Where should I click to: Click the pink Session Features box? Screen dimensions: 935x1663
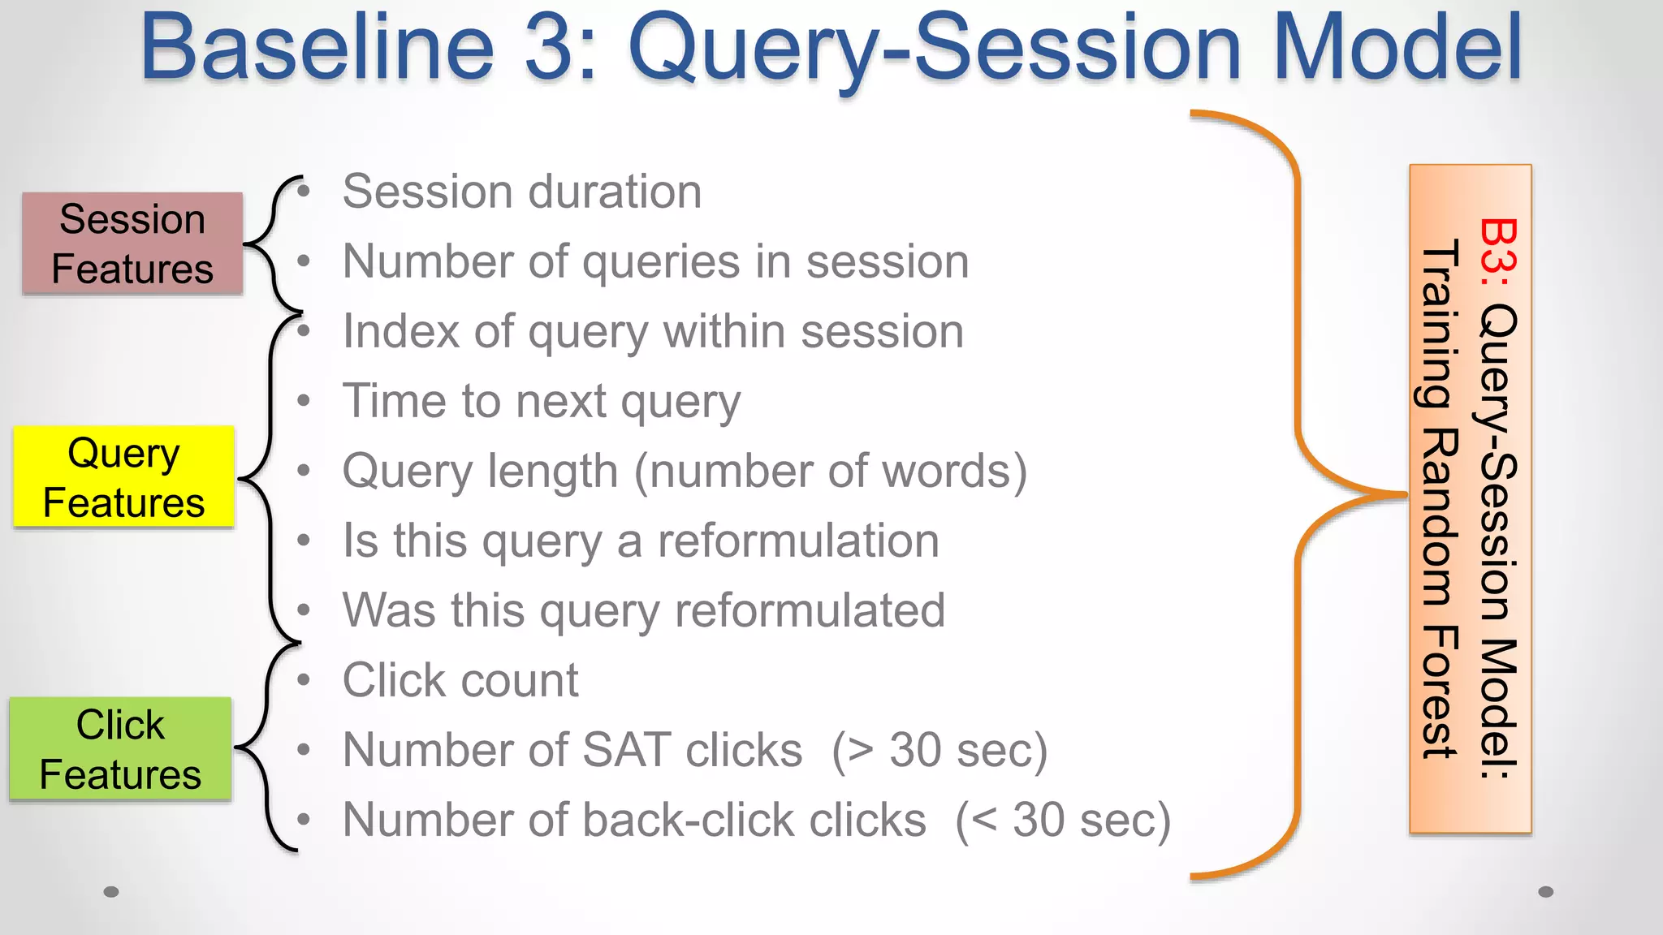point(132,243)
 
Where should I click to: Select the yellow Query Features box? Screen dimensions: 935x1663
point(124,477)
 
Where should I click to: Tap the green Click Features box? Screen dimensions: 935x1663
point(120,749)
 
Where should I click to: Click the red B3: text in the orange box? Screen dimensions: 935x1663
point(1498,252)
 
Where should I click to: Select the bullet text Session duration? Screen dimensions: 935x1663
point(521,192)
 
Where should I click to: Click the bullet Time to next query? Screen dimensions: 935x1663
point(542,402)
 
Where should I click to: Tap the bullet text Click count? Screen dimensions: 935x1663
point(460,680)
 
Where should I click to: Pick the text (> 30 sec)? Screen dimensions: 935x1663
point(939,750)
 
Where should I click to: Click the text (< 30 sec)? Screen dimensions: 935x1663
point(1063,820)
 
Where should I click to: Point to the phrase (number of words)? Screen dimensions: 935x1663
point(830,471)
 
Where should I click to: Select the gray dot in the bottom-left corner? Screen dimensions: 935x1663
point(111,892)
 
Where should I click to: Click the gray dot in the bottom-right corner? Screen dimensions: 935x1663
point(1545,892)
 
